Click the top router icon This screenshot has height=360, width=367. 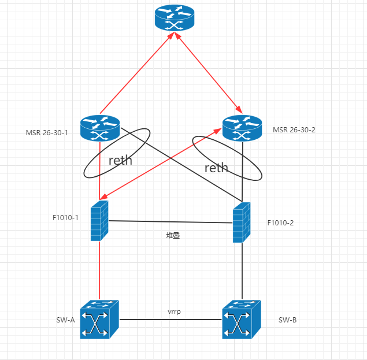click(x=176, y=18)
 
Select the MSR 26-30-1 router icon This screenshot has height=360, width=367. click(x=100, y=128)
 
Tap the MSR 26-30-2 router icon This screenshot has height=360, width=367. click(x=242, y=128)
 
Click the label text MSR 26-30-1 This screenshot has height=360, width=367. click(x=47, y=132)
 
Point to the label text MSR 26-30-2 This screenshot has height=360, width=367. click(x=294, y=129)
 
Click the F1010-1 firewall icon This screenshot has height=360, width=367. click(x=100, y=221)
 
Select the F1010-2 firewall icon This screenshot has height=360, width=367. click(x=242, y=222)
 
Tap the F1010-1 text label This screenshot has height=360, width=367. click(x=65, y=218)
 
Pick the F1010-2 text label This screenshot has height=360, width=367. click(x=280, y=222)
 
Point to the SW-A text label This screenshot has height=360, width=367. click(x=64, y=320)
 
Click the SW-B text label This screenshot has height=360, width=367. click(x=287, y=320)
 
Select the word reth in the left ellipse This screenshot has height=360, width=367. click(x=120, y=160)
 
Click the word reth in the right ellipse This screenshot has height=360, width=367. click(x=216, y=168)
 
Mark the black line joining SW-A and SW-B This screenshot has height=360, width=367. click(x=170, y=320)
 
